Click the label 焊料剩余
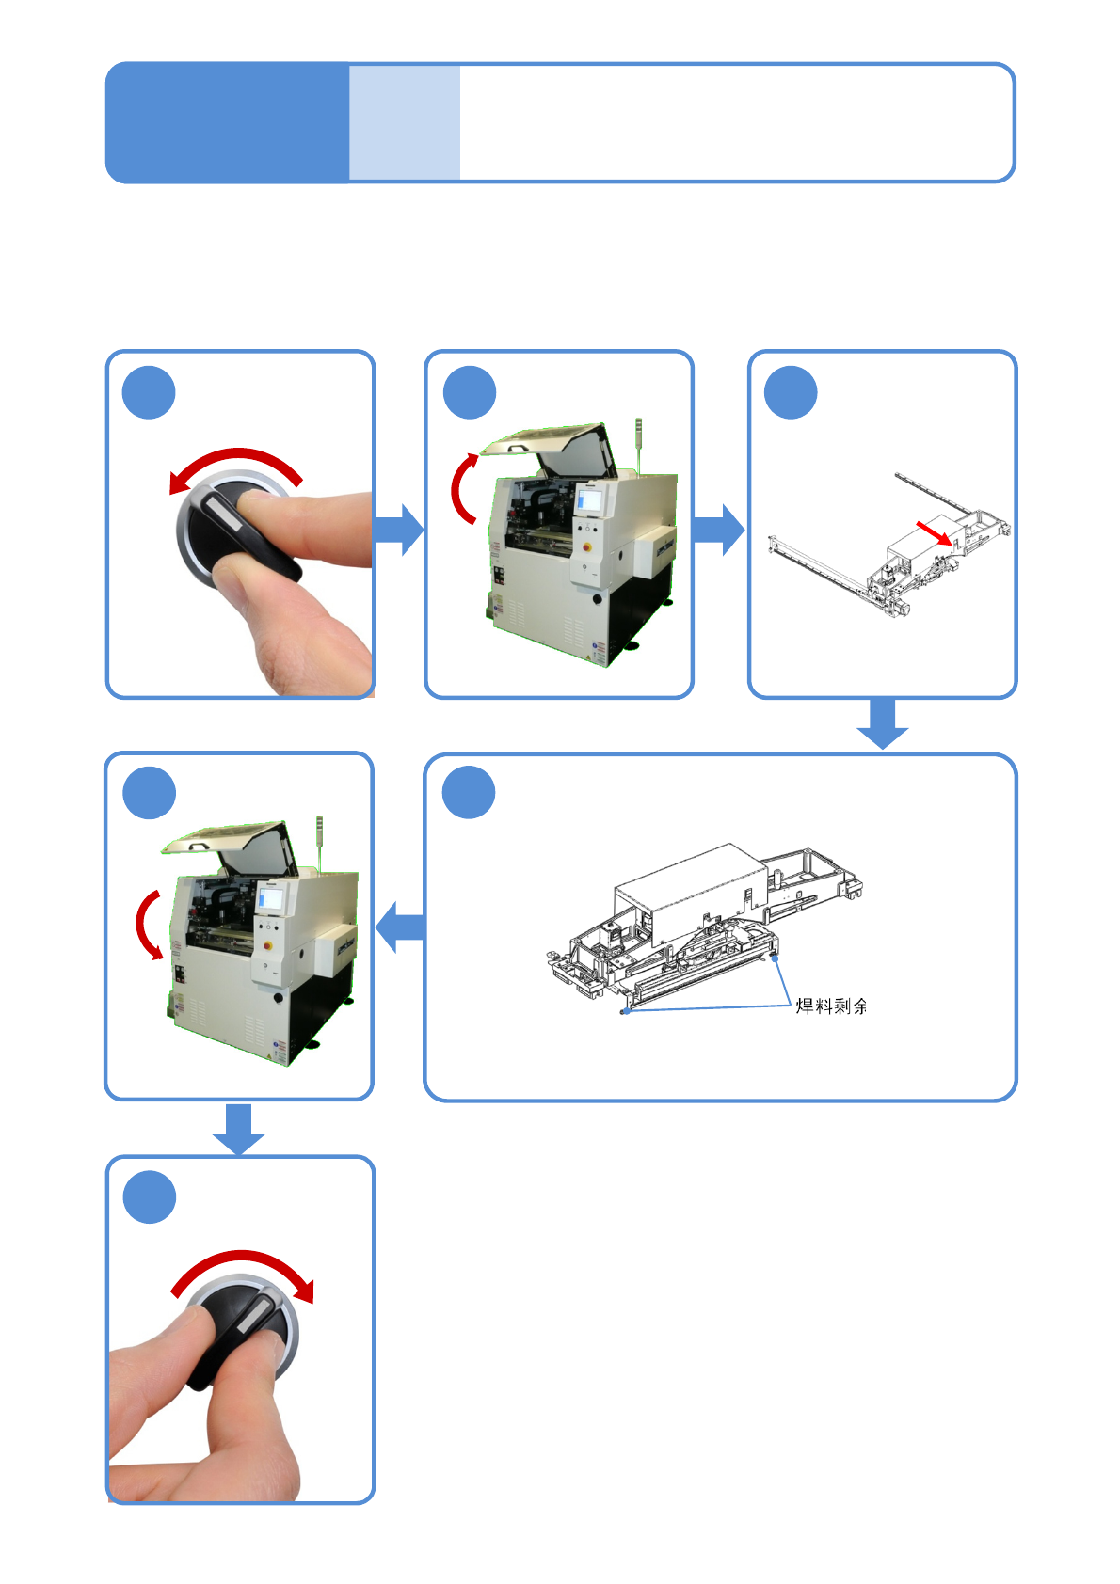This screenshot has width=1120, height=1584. point(831,1006)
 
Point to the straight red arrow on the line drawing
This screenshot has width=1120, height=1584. point(934,533)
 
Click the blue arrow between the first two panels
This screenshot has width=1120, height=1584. point(398,530)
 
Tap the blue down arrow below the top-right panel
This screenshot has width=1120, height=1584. point(882,723)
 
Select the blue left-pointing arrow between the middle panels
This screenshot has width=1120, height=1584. point(400,927)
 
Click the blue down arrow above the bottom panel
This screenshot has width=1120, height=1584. point(238,1130)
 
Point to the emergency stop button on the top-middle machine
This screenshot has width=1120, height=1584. point(586,546)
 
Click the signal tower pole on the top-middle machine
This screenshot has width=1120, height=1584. point(638,446)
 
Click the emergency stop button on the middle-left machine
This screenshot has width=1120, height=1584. point(267,945)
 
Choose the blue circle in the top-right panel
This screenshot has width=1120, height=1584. point(791,392)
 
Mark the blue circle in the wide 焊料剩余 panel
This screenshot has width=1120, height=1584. point(469,792)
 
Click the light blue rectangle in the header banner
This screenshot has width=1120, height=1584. point(404,122)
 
